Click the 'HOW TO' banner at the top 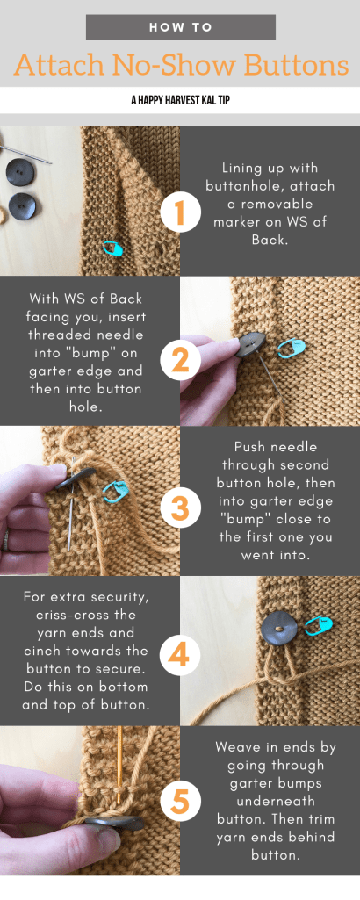coord(180,27)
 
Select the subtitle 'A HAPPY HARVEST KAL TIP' coord(180,100)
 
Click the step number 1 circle coord(179,212)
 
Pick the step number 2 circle coord(179,359)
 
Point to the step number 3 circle coord(179,508)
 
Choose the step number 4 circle coord(179,655)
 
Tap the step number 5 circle coord(179,801)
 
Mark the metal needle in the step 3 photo coord(69,523)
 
